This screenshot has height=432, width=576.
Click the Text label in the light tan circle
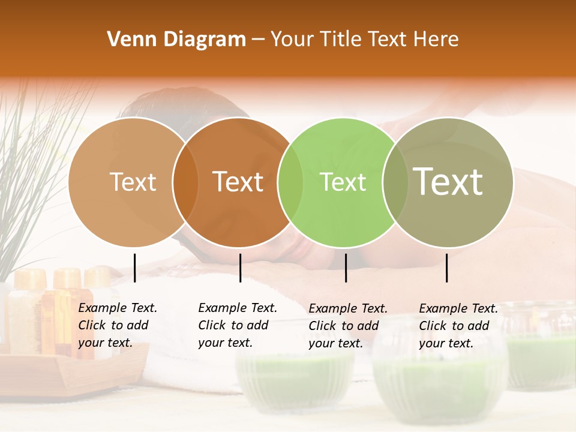[133, 182]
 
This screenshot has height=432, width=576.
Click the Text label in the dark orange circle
[238, 182]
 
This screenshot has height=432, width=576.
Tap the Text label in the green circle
[343, 182]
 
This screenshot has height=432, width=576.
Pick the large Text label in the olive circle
[448, 182]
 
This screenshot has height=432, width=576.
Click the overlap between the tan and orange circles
[185, 182]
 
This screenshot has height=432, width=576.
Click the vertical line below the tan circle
[135, 268]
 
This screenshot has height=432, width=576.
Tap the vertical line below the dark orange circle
[240, 268]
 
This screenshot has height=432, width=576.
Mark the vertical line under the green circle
[346, 268]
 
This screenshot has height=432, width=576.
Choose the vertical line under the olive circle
[447, 268]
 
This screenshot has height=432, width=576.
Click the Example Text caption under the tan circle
[118, 325]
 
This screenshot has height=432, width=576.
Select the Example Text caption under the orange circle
[238, 325]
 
